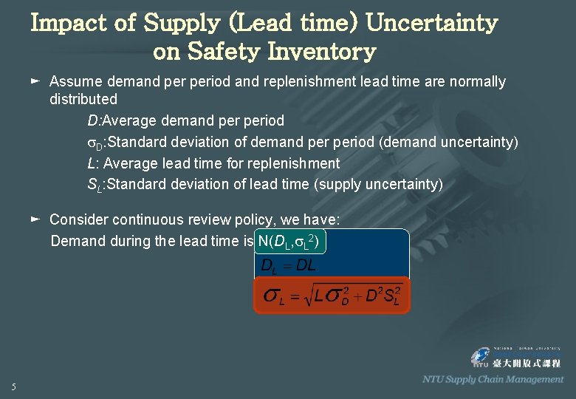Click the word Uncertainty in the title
431,23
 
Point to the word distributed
83,99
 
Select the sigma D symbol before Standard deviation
95,143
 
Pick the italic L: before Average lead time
93,163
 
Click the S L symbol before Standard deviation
95,185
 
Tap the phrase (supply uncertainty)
379,185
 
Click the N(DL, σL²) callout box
289,241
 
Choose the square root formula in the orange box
332,296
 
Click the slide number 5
14,386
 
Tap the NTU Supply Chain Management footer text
493,379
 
